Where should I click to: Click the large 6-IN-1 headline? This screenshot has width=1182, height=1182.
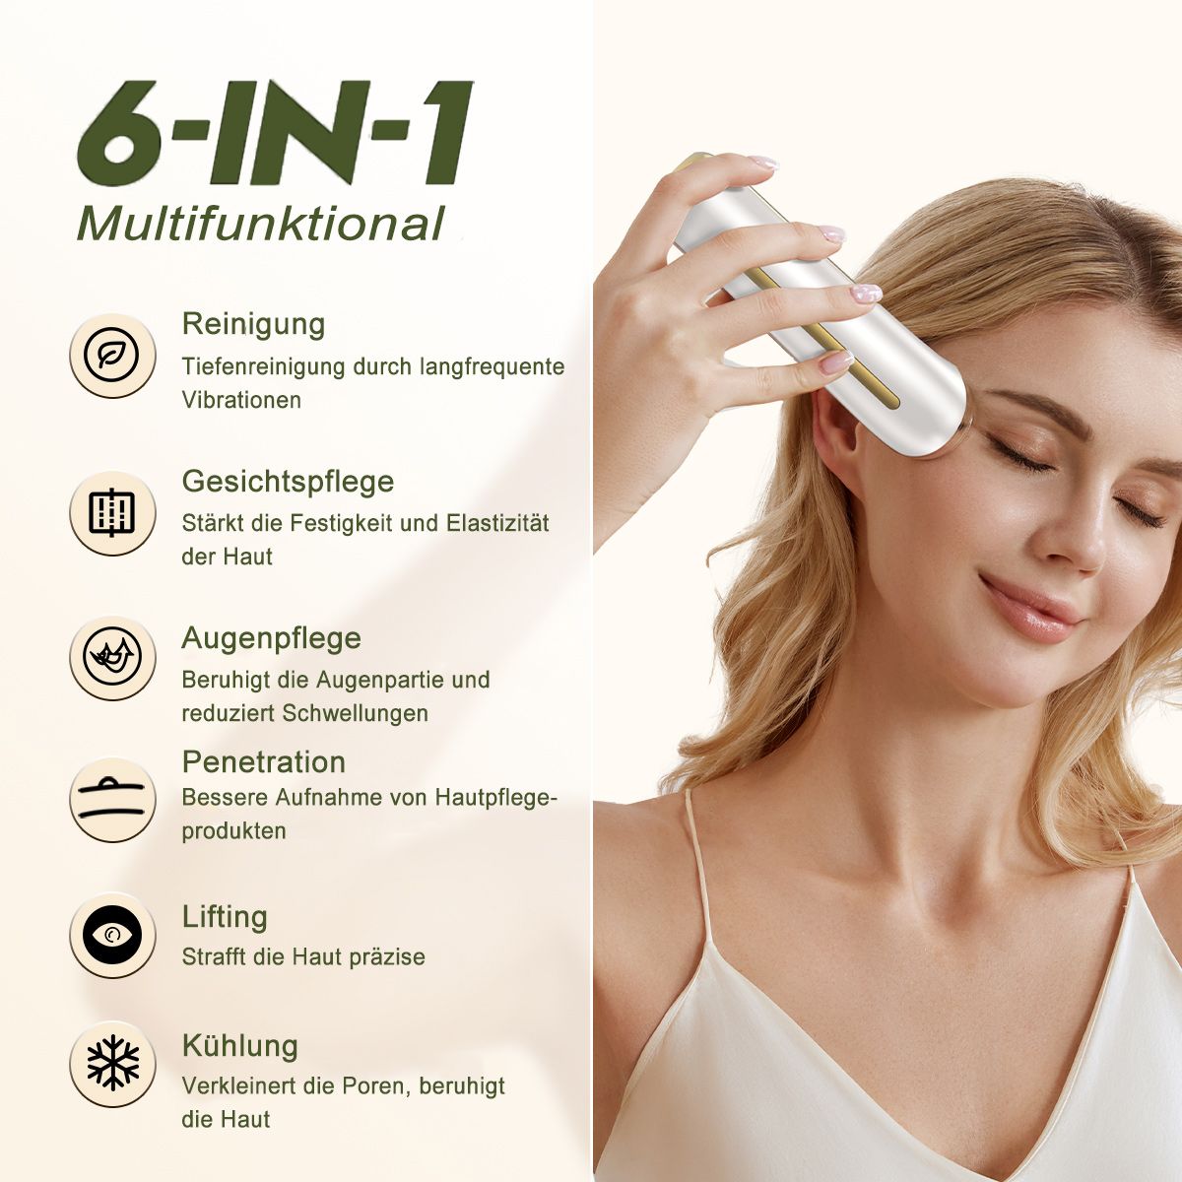point(274,134)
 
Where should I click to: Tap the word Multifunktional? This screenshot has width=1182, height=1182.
point(261,224)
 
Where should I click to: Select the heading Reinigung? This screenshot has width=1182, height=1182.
point(253,323)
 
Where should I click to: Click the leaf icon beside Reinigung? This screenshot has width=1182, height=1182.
point(112,355)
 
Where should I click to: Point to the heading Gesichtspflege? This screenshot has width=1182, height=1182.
point(288,481)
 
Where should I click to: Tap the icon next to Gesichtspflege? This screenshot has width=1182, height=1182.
point(112,512)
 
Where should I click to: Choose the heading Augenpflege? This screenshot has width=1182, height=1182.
point(271,638)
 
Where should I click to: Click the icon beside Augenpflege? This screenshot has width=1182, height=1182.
point(112,658)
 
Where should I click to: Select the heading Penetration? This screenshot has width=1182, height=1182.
point(264,761)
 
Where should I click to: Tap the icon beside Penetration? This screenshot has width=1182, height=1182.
point(112,798)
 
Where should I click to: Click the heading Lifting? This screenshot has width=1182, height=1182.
point(225,916)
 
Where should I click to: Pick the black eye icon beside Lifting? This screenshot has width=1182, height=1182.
point(112,935)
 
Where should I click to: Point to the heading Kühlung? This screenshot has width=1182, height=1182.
point(239,1045)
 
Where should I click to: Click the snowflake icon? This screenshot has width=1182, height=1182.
point(112,1063)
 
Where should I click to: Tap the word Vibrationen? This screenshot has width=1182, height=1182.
point(241,400)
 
